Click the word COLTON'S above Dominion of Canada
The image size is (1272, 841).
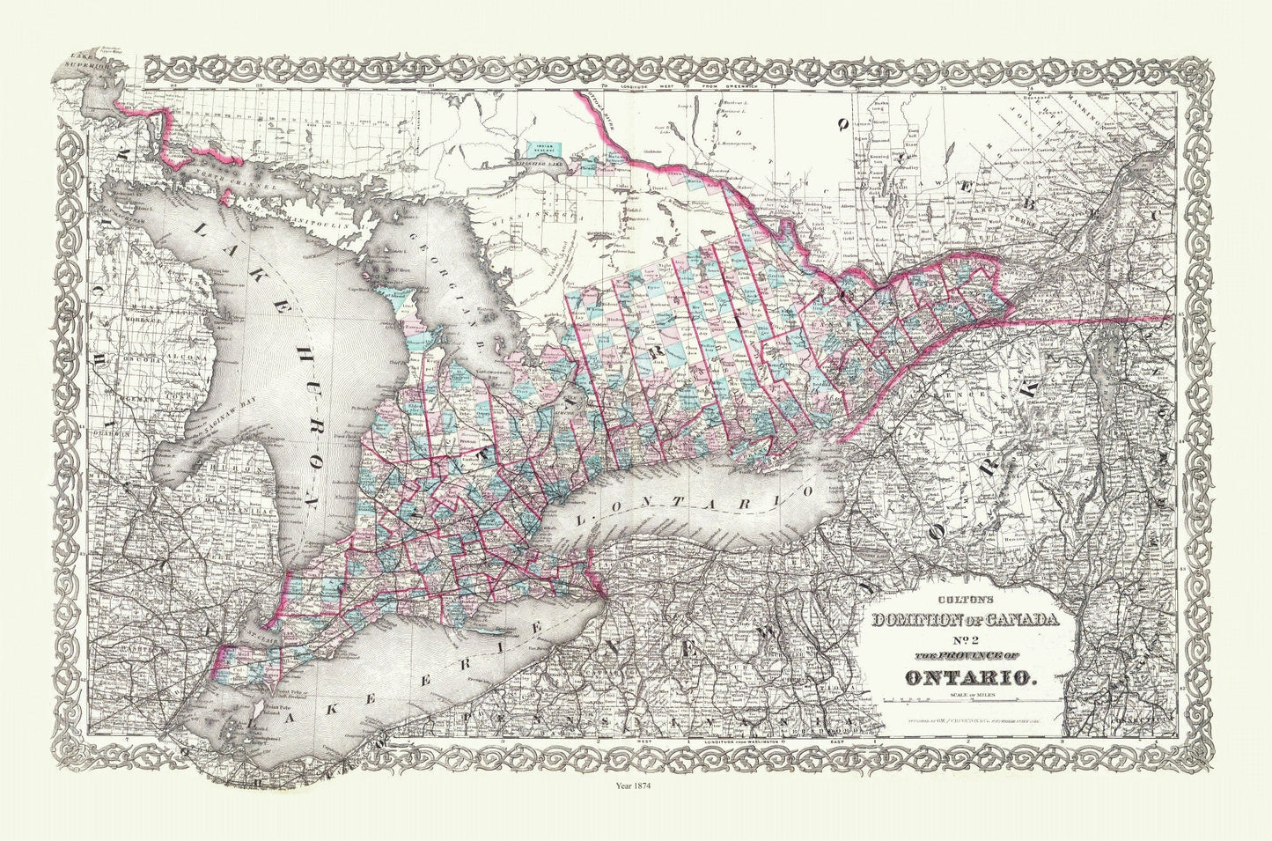(966, 603)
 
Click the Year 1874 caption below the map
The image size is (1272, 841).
(636, 780)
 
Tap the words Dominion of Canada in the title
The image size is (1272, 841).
(966, 621)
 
